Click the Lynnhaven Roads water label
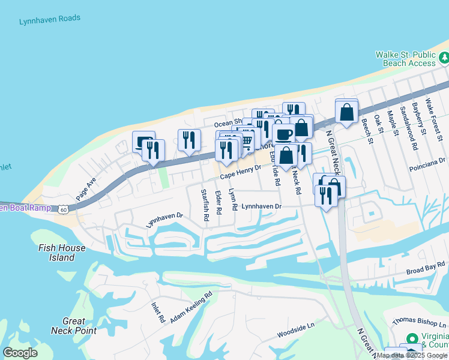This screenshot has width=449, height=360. (x=49, y=19)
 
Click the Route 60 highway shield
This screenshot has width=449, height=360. (x=64, y=209)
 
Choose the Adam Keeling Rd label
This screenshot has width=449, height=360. (x=191, y=307)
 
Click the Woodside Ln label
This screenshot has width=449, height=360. (x=295, y=327)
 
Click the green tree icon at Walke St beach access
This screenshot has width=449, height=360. (x=444, y=58)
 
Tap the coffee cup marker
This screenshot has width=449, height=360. (x=284, y=133)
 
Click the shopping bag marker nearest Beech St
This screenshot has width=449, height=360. (x=347, y=111)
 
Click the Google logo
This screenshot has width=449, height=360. (x=20, y=353)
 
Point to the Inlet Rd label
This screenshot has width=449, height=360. (x=158, y=312)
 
